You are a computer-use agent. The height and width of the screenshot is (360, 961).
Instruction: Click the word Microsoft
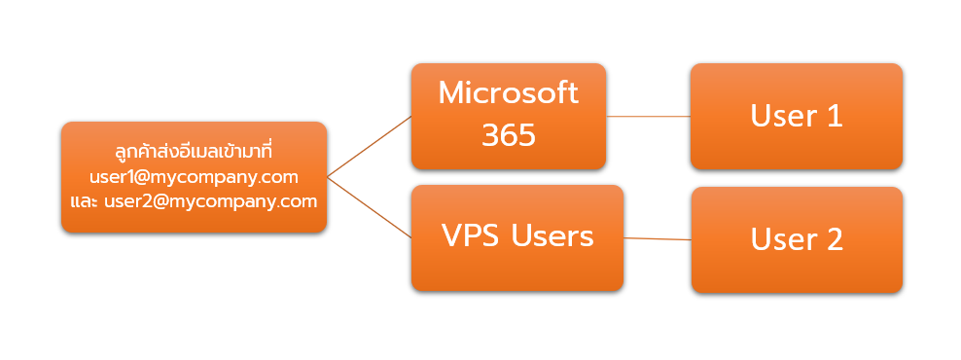[508, 93]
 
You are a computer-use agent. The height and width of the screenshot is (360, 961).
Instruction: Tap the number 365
[508, 134]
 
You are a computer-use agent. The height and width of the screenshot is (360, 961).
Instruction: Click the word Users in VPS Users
[552, 235]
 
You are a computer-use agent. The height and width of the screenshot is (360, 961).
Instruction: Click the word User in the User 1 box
[782, 116]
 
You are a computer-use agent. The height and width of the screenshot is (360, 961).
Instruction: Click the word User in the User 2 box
[782, 239]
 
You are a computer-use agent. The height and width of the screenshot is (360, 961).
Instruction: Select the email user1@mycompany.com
[194, 177]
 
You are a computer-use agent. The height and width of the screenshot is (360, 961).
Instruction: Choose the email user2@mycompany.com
[212, 201]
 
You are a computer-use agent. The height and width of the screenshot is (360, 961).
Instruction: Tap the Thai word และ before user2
[84, 201]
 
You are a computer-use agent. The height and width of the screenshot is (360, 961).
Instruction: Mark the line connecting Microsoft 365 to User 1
[648, 116]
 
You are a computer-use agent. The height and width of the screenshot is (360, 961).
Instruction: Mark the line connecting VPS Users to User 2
[657, 238]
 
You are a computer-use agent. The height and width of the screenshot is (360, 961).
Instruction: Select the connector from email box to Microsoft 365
[370, 146]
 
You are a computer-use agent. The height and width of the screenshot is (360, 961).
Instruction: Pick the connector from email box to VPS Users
[370, 207]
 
